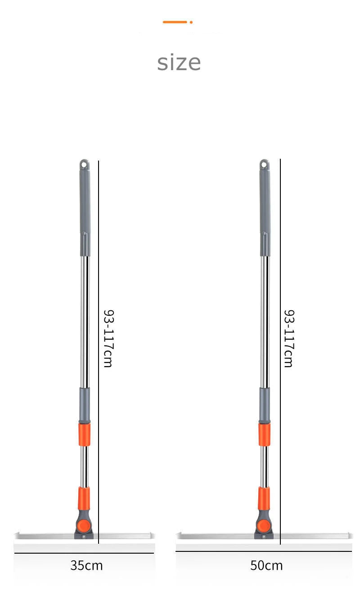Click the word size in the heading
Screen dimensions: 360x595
point(179,63)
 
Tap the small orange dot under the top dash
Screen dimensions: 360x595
point(191,22)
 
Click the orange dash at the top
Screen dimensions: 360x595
point(175,22)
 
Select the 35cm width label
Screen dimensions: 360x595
point(86,565)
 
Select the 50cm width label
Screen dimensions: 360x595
point(266,565)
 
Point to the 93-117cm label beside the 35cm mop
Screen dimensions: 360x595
point(109,338)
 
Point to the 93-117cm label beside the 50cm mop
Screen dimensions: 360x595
point(289,338)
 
